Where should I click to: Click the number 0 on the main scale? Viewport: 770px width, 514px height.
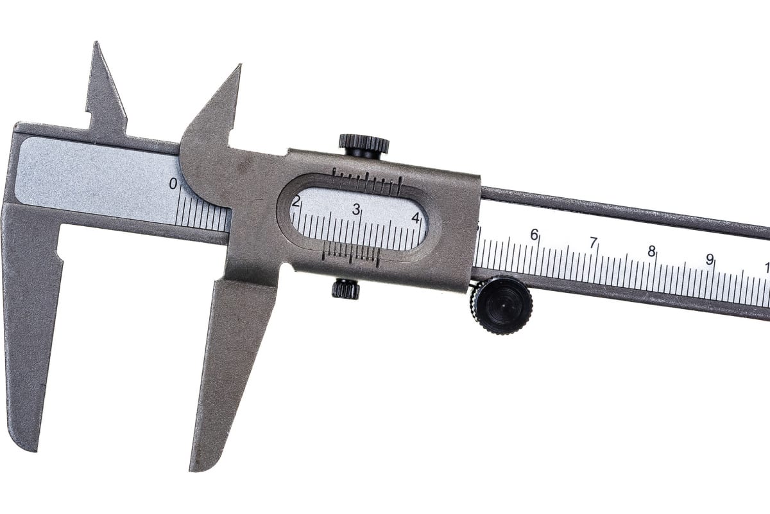pyautogui.click(x=173, y=184)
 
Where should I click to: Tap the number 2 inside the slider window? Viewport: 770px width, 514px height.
pyautogui.click(x=296, y=202)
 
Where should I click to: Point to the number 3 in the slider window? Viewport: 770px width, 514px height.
pyautogui.click(x=356, y=209)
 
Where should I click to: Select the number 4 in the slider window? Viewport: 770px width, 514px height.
pyautogui.click(x=416, y=218)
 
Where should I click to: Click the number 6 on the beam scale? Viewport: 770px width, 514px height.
pyautogui.click(x=534, y=235)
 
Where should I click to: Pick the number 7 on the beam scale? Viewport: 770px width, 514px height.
pyautogui.click(x=593, y=243)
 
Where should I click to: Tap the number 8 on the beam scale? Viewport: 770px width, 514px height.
pyautogui.click(x=651, y=251)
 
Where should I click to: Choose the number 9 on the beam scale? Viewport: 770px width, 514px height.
pyautogui.click(x=710, y=259)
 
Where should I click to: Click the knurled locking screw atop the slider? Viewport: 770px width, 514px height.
pyautogui.click(x=364, y=146)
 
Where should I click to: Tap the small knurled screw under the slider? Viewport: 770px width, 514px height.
pyautogui.click(x=345, y=289)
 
